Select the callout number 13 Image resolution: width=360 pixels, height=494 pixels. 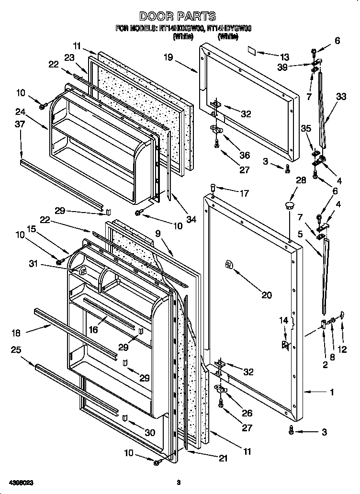tap(285, 56)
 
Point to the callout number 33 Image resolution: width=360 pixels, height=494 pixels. tap(341, 96)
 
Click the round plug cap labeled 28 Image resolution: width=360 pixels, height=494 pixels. tap(289, 206)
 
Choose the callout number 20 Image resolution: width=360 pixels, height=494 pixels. tap(267, 295)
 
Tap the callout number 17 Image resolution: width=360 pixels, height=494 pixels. tap(244, 194)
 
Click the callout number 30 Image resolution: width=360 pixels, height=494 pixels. tap(150, 432)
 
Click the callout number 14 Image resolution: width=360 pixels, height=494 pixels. tap(284, 320)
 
